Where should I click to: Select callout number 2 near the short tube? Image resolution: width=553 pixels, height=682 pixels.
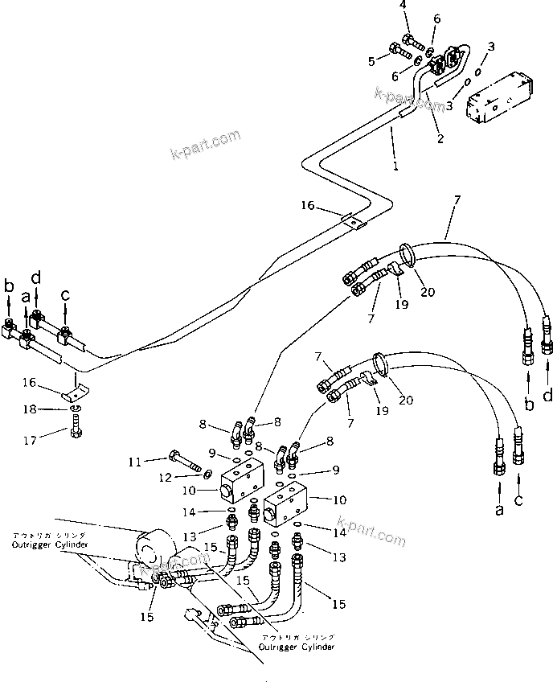[x=439, y=139]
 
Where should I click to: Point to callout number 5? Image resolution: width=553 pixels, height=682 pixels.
[x=372, y=60]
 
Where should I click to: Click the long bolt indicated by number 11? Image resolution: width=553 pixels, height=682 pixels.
[x=187, y=464]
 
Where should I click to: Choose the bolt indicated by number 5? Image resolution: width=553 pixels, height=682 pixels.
[x=399, y=52]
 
